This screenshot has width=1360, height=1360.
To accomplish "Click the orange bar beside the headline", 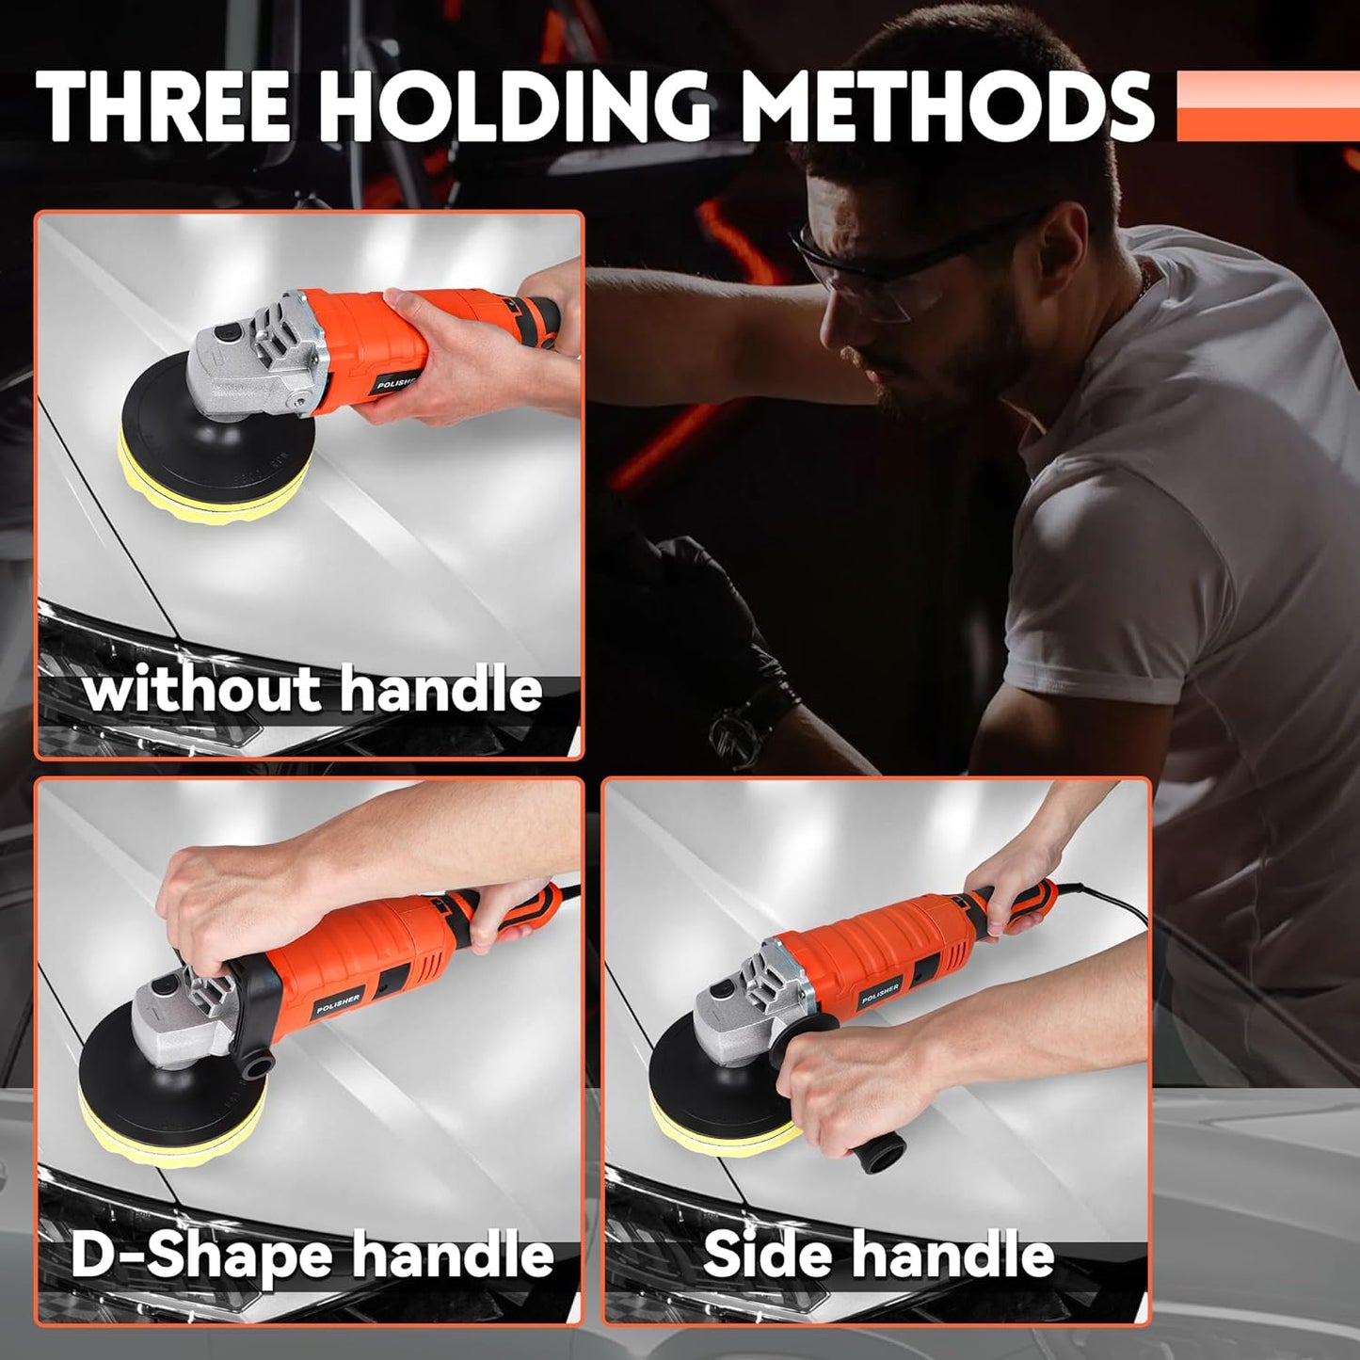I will pyautogui.click(x=1267, y=105).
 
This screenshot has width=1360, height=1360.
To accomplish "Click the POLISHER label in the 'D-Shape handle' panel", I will pyautogui.click(x=338, y=1003).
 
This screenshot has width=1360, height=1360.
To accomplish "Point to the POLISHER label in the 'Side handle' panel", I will pyautogui.click(x=880, y=993).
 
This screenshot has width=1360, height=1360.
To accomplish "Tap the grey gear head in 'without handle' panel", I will pyautogui.click(x=249, y=358).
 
